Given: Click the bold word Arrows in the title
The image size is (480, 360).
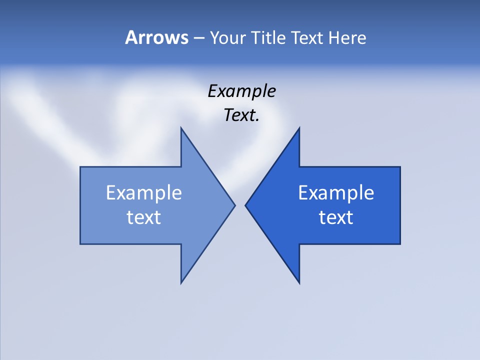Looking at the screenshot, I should coord(156,37).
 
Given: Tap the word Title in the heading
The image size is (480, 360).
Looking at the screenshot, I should coord(268,37).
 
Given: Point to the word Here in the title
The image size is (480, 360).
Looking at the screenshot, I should coord(347,37).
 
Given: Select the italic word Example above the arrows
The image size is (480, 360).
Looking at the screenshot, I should coord(241,91).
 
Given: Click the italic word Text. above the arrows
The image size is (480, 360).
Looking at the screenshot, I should coord(241,115).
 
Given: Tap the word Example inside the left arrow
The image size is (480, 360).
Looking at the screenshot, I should coord(144,193).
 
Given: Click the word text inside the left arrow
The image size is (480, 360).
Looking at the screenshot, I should coord(144,217).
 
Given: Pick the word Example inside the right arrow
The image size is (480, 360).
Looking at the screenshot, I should coord(336,193).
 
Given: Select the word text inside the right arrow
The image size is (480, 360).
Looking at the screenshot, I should coord(336,217).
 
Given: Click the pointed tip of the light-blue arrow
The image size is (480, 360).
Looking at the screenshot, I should coord(235,205).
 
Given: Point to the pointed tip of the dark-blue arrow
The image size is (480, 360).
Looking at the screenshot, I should coord(245,205).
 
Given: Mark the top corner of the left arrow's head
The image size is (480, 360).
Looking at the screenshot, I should coord(181,127).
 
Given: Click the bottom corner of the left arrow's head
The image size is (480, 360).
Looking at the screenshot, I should coord(181,283).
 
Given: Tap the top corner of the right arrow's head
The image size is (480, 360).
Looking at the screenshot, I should coord(299,127).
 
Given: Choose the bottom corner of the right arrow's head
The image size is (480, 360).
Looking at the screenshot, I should coord(299,283).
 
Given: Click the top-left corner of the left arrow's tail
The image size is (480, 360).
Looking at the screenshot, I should coord(80,167).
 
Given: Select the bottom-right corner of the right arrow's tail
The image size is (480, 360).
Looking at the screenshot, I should coord(400,244).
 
